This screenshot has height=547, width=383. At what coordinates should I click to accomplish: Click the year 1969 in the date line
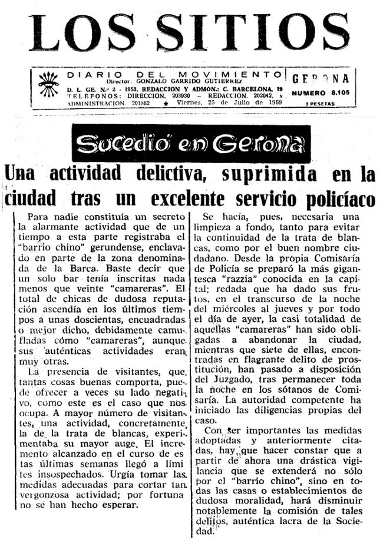tap(272, 102)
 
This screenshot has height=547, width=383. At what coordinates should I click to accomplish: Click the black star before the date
tap(166, 103)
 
